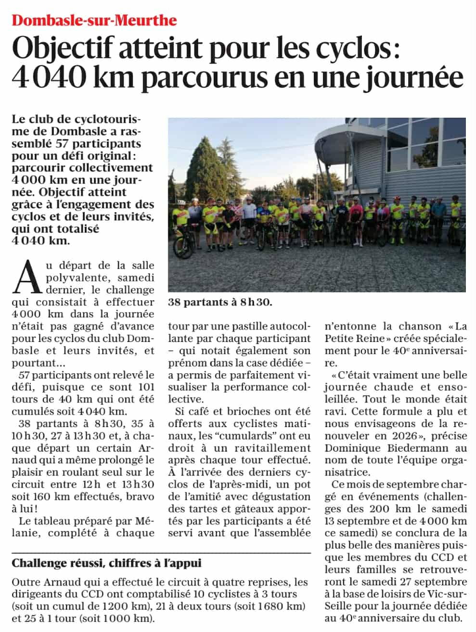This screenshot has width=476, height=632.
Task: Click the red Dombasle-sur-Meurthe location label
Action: [94, 21]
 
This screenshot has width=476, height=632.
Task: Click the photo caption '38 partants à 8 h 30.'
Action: [220, 302]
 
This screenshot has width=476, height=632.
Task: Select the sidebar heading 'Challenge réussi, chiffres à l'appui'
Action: [107, 563]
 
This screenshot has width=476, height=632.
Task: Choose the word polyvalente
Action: [72, 278]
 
